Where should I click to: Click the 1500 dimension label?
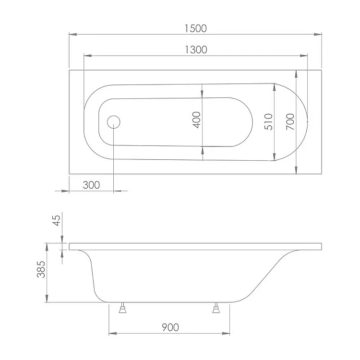point(196,28)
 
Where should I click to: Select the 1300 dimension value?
point(196,50)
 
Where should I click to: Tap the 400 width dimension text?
point(197,120)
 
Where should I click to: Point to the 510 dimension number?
point(268,122)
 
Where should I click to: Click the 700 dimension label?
point(290,122)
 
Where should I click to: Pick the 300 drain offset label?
point(91,185)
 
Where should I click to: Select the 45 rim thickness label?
point(57,220)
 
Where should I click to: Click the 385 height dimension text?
point(41,269)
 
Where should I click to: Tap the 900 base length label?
point(170,327)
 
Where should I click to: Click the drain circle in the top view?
point(114,122)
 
